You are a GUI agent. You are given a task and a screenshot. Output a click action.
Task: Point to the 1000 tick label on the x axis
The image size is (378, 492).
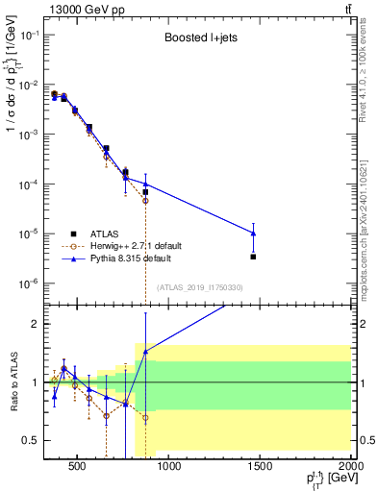click(x=169, y=468)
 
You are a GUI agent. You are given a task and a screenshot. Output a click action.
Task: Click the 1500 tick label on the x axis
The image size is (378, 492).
click(x=260, y=468)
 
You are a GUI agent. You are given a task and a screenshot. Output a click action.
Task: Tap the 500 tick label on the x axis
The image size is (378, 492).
click(x=79, y=468)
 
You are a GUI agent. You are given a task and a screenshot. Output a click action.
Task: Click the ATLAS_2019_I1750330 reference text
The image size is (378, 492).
click(x=199, y=287)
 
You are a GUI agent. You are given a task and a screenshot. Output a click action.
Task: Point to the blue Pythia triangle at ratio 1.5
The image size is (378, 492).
click(x=145, y=352)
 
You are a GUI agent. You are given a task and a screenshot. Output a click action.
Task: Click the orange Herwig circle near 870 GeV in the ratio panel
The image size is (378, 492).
click(x=145, y=418)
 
